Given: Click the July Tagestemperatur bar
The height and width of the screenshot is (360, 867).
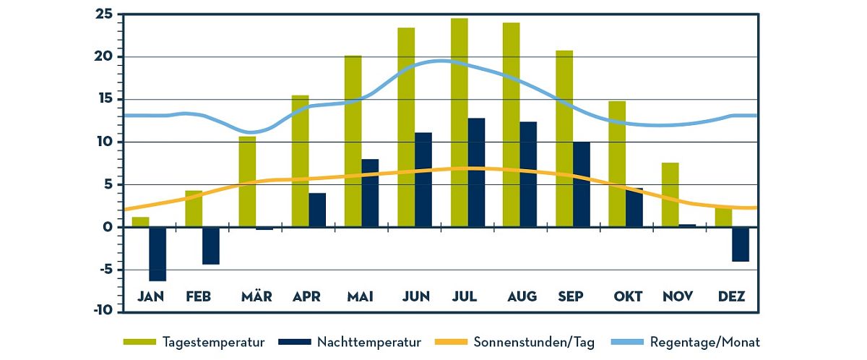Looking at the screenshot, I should [x=459, y=123].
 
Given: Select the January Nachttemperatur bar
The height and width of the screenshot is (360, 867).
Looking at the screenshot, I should [x=158, y=254].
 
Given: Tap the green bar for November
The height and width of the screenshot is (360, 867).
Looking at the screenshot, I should [x=670, y=195].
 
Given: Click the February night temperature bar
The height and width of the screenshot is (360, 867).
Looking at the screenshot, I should [x=211, y=246].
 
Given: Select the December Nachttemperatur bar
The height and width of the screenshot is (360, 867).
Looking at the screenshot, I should [x=741, y=244].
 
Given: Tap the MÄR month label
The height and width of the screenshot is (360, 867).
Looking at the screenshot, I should [x=256, y=296].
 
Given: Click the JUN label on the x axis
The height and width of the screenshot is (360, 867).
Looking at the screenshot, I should [x=416, y=296].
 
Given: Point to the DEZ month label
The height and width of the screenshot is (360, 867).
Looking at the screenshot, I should [x=731, y=296].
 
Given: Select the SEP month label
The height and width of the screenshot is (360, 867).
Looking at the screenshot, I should [x=571, y=296].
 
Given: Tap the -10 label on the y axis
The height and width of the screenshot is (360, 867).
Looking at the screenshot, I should [x=103, y=310].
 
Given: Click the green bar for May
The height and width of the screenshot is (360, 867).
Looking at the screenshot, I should [x=353, y=141].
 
